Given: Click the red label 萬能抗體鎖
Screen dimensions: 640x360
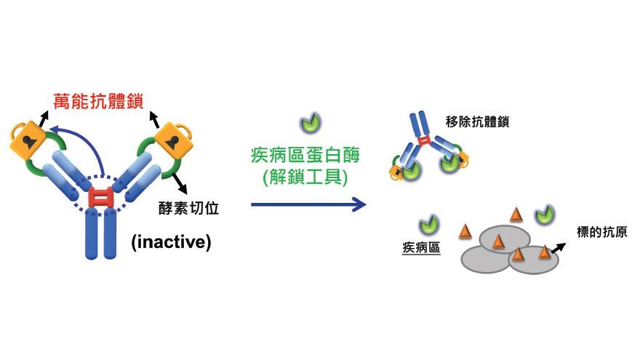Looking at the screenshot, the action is [98, 101].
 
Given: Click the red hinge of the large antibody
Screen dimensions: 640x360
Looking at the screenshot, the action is [100, 198].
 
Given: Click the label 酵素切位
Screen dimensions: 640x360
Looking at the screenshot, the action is [188, 208].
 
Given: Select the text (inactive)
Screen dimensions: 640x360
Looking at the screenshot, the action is [171, 242].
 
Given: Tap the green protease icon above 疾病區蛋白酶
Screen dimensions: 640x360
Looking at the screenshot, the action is [311, 123].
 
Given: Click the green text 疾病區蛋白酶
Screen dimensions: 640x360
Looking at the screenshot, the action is [305, 155].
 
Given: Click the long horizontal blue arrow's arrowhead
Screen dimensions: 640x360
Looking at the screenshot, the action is [359, 204].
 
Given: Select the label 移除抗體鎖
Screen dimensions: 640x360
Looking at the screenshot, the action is [478, 121].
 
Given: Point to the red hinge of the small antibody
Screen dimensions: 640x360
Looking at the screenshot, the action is [425, 141].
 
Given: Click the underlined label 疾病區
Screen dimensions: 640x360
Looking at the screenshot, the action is [421, 247].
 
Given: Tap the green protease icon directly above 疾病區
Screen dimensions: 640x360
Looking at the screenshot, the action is [428, 225].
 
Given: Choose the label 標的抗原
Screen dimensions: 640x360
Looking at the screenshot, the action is [602, 232].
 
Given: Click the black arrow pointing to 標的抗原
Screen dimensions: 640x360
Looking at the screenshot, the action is [559, 247].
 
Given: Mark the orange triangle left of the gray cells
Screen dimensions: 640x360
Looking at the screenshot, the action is [465, 231].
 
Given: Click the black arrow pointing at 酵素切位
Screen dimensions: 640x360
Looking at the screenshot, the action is [179, 183].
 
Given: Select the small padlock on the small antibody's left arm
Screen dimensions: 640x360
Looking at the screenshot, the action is [396, 172].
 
